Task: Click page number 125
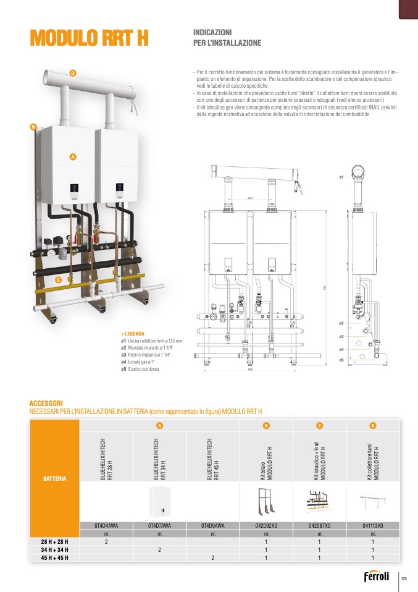(404, 578)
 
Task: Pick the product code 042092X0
(266, 525)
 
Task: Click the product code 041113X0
(372, 525)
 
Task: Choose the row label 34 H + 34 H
(55, 549)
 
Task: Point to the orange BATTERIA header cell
(55, 478)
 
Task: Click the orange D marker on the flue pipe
(72, 74)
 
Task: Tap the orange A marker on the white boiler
(72, 157)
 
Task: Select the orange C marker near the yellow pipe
(57, 280)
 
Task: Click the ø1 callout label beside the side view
(341, 177)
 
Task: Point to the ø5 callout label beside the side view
(341, 359)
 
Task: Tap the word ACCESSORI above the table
(46, 404)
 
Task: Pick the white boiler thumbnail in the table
(159, 501)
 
